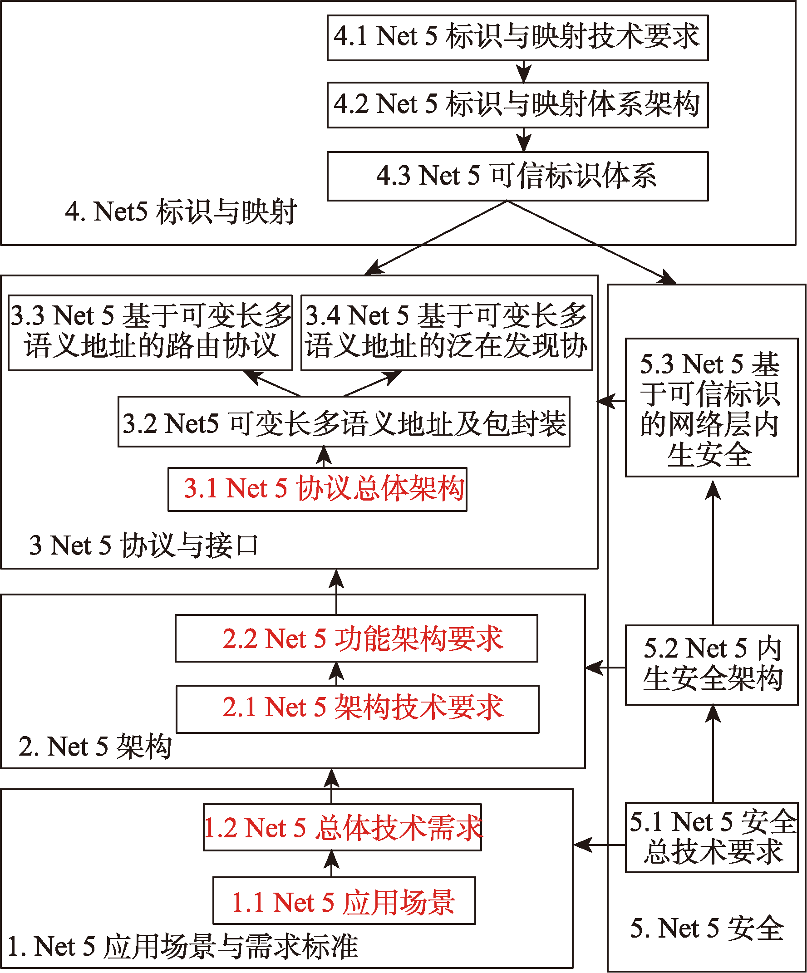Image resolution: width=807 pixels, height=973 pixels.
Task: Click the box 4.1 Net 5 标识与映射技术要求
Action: [517, 38]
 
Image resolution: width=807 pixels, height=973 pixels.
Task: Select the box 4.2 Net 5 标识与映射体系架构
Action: [517, 105]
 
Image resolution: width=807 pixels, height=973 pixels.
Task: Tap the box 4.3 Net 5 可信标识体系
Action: [517, 176]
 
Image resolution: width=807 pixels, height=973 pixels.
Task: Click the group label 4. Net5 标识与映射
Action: [181, 212]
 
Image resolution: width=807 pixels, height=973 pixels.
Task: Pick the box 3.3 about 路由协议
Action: [151, 333]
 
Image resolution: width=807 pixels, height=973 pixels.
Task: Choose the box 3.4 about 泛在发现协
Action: [447, 333]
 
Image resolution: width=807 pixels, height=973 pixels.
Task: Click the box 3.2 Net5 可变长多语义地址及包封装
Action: [344, 422]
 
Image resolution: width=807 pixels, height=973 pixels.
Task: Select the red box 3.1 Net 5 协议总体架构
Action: [317, 489]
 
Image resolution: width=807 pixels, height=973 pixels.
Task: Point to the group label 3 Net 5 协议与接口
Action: [143, 545]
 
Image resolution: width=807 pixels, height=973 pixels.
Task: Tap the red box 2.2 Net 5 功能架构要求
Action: [356, 639]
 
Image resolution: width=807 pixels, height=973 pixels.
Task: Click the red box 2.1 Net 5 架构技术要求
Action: [357, 709]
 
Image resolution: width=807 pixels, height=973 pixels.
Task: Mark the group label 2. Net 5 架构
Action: [95, 747]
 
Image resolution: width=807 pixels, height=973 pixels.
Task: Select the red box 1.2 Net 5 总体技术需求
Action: [342, 827]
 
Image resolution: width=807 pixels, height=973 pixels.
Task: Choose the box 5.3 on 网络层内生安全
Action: [712, 408]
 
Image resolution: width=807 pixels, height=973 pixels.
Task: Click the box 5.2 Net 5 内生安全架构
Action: [712, 665]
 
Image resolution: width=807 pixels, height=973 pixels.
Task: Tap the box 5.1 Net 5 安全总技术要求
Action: [712, 838]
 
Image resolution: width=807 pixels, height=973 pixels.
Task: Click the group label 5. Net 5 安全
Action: [707, 929]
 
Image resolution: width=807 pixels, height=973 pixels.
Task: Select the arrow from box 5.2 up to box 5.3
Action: [713, 553]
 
